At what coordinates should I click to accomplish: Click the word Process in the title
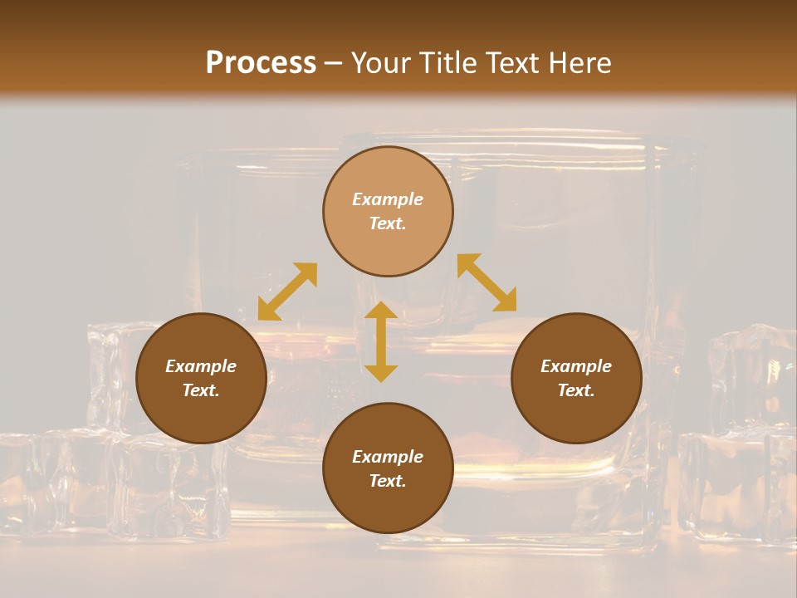point(261,62)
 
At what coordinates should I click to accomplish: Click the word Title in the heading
point(445,62)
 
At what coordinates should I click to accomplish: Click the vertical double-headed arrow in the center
point(381,341)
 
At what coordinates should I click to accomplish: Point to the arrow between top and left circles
point(287,292)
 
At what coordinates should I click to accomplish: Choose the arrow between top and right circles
point(487,282)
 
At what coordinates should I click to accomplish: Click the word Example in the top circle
point(388,199)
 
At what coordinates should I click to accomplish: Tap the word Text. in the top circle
point(388,223)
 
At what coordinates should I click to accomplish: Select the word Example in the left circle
point(201,366)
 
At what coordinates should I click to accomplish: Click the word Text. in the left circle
point(201,390)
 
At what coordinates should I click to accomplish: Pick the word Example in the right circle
point(576,366)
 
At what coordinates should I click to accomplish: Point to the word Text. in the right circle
point(576,390)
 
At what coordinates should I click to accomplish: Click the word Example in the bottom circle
point(388,457)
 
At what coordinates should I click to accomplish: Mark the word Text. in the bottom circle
point(388,481)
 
